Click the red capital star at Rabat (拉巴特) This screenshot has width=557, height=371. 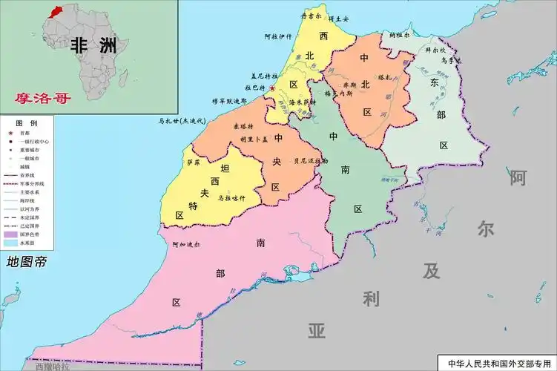click(x=272, y=89)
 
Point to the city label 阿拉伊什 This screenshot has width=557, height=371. click(x=279, y=36)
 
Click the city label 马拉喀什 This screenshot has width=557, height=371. click(x=231, y=198)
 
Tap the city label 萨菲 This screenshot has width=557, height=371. click(x=194, y=162)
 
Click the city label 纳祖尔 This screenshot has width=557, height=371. click(x=399, y=34)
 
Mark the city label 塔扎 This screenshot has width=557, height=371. click(x=384, y=76)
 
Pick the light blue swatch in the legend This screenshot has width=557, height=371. click(x=10, y=242)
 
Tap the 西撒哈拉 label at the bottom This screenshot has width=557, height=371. click(x=52, y=366)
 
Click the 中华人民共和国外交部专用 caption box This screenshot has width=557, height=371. click(x=495, y=363)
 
